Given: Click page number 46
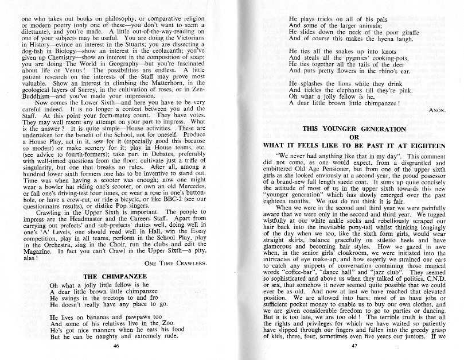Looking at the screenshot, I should coord(116,346).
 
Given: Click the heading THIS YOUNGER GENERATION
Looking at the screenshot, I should coord(354,129).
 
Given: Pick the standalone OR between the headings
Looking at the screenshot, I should coord(354,137).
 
